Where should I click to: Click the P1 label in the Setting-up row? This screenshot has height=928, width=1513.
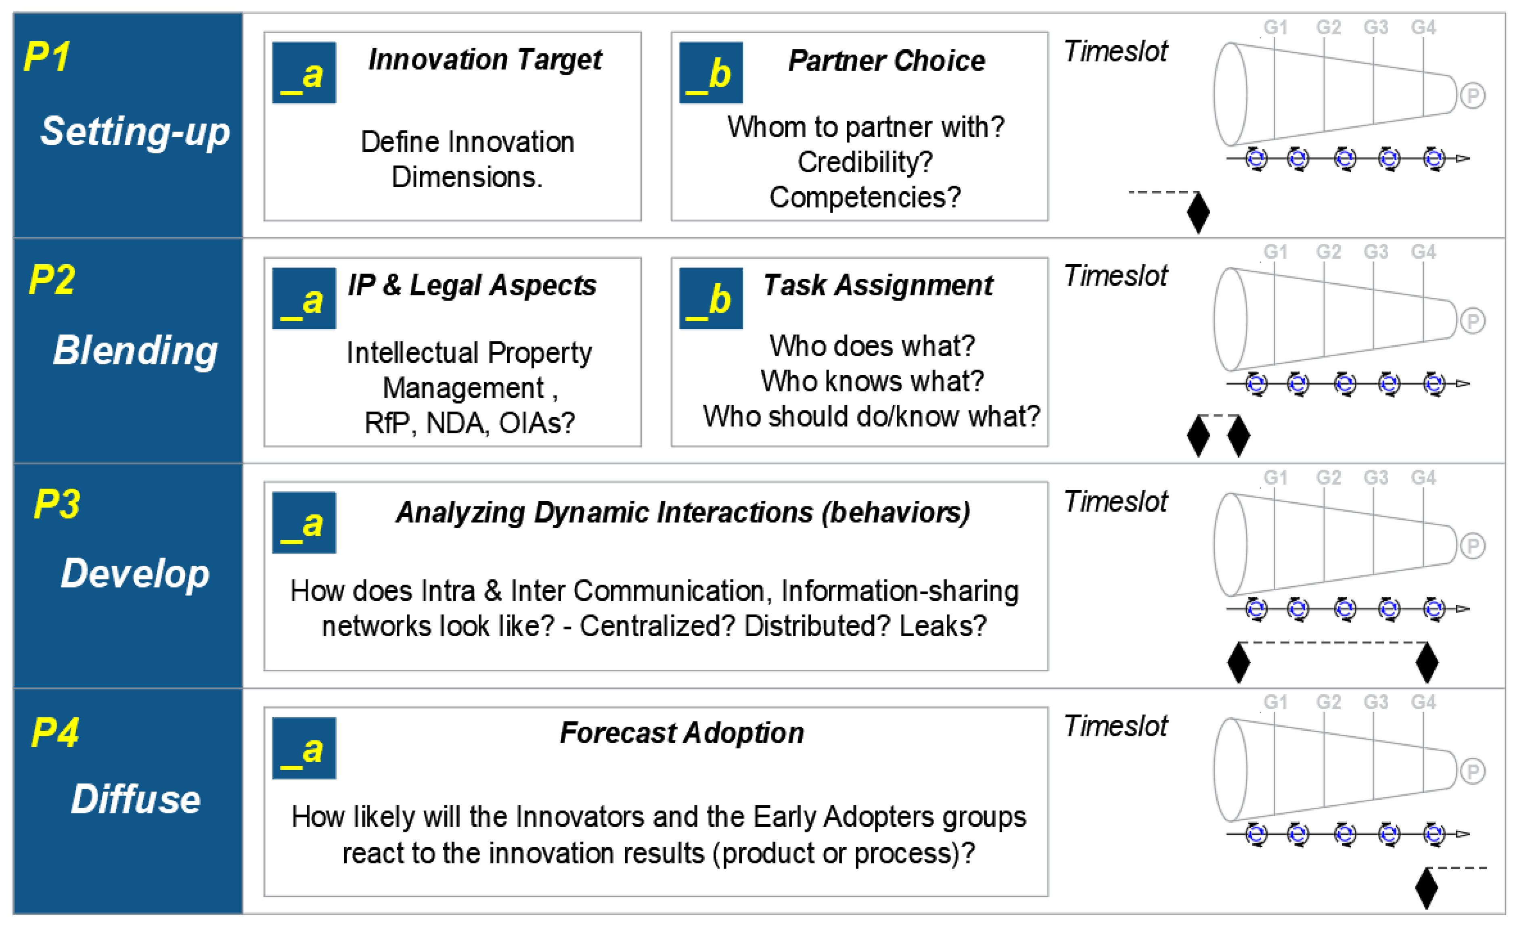click(47, 57)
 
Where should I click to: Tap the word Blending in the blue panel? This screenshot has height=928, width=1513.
click(135, 351)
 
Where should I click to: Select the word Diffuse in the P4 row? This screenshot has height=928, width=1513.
click(135, 799)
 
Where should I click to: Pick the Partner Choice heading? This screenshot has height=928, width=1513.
click(886, 61)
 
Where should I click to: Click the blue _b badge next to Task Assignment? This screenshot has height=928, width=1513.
click(710, 298)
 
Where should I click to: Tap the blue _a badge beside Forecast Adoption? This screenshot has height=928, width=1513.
click(304, 748)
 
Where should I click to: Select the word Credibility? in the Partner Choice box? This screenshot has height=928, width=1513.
click(864, 163)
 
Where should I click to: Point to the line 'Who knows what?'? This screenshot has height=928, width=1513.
click(872, 381)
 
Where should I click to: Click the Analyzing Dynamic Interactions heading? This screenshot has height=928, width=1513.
click(682, 512)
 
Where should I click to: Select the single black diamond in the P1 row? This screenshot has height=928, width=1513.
click(1198, 212)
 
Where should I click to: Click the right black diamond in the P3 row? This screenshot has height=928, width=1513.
click(1426, 662)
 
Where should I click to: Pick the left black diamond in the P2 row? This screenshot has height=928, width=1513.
click(1198, 436)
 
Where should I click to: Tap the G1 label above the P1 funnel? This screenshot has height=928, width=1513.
click(1275, 27)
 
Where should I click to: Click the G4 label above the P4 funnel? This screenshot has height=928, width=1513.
click(1423, 702)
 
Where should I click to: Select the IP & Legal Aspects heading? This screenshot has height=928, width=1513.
click(472, 285)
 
